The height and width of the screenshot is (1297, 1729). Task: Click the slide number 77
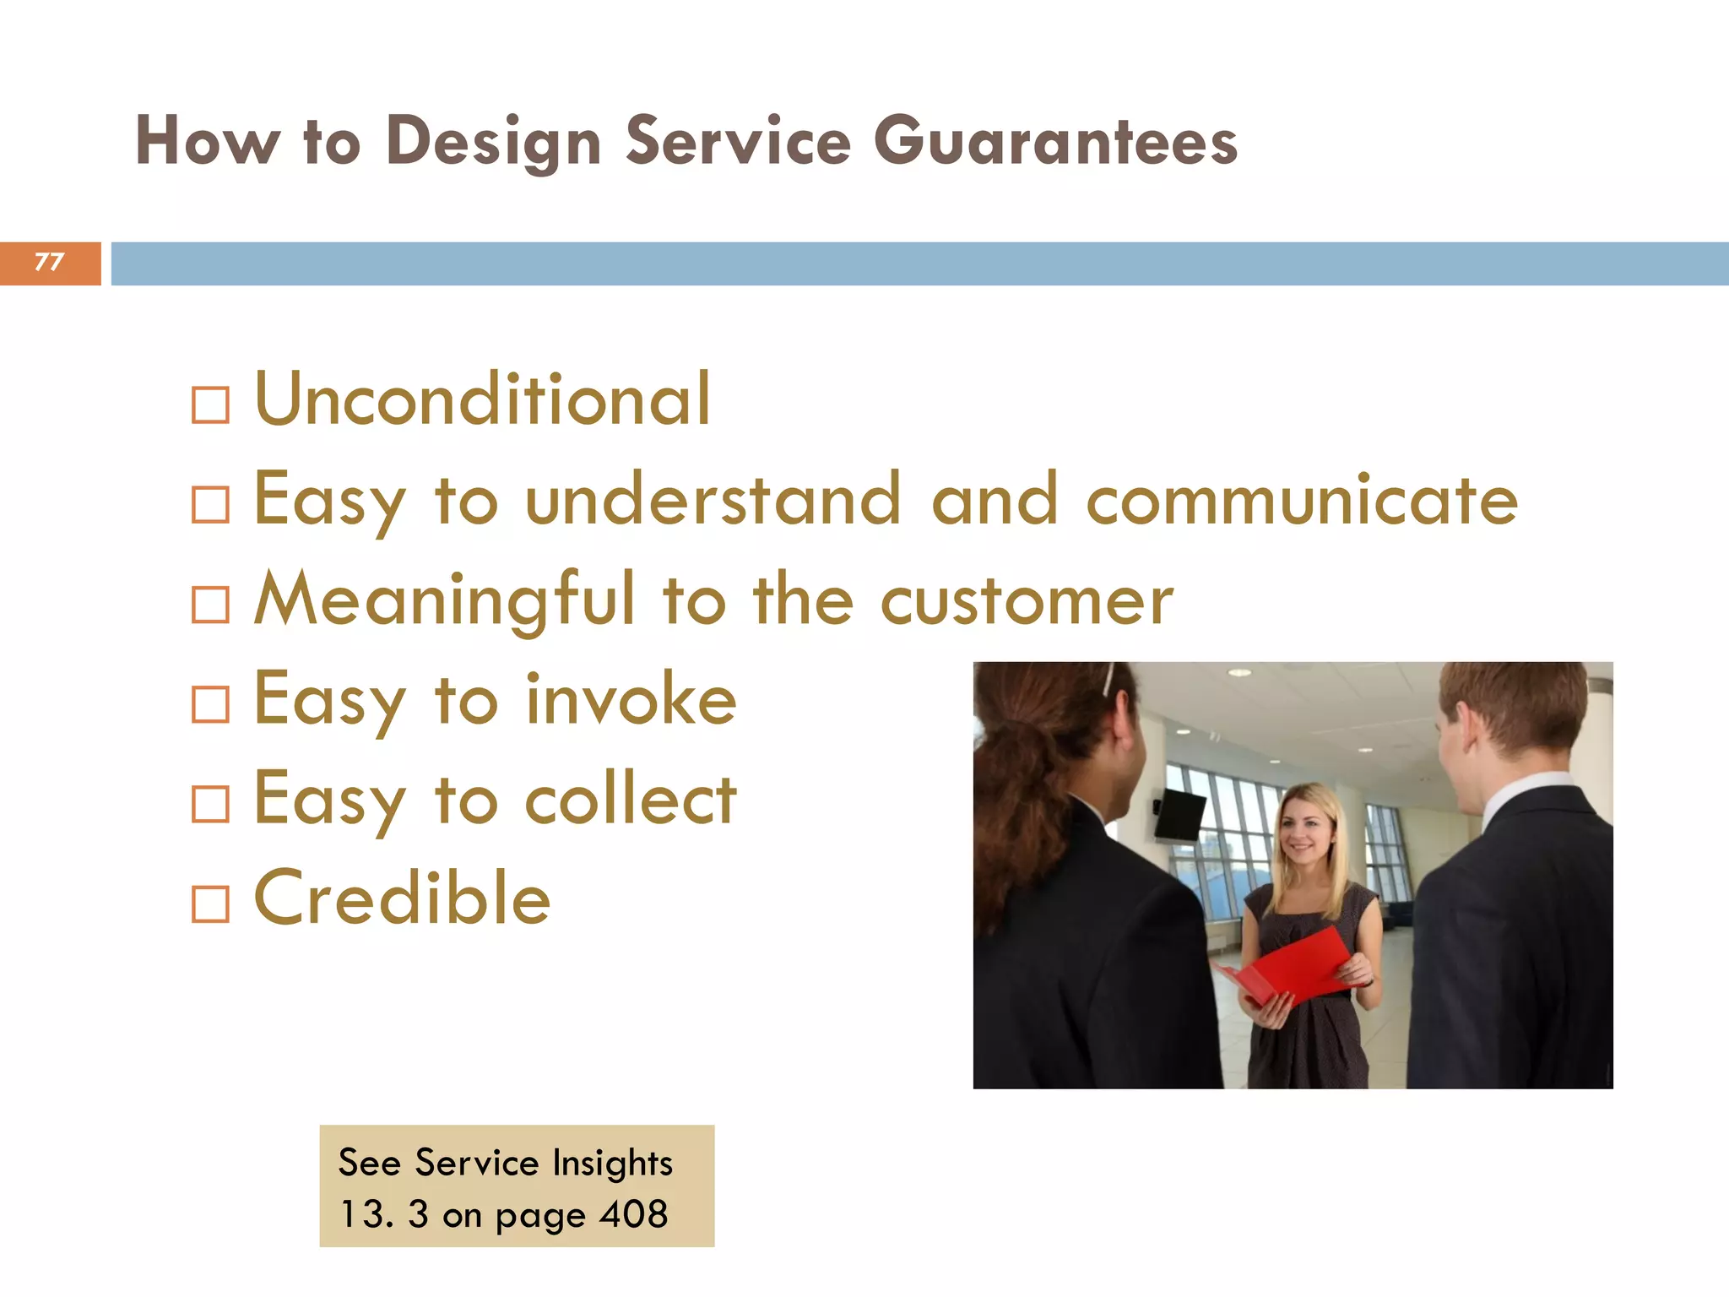(49, 262)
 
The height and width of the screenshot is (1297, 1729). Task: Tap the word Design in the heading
(493, 142)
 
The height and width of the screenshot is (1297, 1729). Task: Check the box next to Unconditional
(210, 405)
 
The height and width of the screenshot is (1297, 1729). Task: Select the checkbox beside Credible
(210, 904)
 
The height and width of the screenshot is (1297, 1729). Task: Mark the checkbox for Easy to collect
(210, 805)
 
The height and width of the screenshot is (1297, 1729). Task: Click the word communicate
(1301, 500)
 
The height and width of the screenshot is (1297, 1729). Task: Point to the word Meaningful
(444, 601)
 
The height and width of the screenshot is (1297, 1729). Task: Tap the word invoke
(631, 699)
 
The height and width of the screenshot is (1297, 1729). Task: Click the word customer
(1027, 601)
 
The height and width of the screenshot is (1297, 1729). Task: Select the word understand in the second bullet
(713, 500)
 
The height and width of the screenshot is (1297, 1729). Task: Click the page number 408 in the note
(633, 1214)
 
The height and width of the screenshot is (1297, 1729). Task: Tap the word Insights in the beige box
(612, 1164)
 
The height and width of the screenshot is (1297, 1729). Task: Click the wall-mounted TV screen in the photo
(1180, 815)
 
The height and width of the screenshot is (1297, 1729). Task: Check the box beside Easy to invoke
(210, 704)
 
